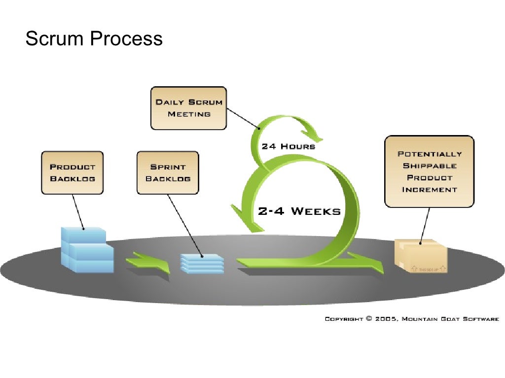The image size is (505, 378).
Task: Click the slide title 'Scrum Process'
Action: pos(94,38)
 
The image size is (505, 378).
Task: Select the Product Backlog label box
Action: pos(72,172)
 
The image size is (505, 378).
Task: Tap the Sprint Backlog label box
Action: pos(168,172)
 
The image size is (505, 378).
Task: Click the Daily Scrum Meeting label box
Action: pos(188,108)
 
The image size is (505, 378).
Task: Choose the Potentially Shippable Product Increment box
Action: pos(429,171)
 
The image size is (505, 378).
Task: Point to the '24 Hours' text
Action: pos(288,146)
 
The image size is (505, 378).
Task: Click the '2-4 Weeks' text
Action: pos(299,211)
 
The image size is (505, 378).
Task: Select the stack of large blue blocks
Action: pos(87,250)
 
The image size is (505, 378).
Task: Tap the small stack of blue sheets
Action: pos(202,263)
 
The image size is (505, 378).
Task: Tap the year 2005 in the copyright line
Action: pos(387,319)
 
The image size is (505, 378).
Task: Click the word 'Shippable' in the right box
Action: pos(430,166)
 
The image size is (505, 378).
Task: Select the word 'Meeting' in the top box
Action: pos(189,114)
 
